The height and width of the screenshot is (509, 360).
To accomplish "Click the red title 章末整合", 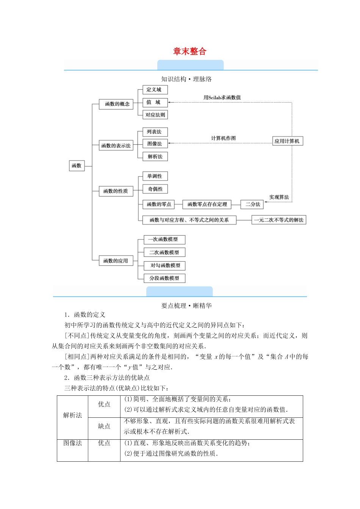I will (x=189, y=52).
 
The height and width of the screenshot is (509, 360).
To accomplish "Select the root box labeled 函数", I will (x=77, y=166).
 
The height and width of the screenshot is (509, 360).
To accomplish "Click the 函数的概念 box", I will (x=116, y=104).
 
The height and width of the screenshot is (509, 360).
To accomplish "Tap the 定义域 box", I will (x=155, y=90).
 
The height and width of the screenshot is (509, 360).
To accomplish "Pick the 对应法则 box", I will (x=155, y=115).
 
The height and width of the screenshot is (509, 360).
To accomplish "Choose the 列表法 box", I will (x=155, y=132).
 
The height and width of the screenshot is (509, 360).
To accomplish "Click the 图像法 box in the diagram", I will (x=155, y=144).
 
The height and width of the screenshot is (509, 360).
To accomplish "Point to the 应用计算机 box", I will (x=287, y=141).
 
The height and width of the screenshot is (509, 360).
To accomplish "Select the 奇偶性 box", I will (x=155, y=189).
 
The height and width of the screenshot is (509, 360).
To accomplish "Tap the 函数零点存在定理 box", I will (x=207, y=204).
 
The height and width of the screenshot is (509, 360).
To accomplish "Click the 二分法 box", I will (x=252, y=204).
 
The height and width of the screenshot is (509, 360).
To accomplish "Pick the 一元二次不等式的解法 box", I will (x=279, y=220).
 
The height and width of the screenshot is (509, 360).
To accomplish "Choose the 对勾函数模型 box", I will (x=165, y=265).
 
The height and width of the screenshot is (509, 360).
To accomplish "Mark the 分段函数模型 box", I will (x=164, y=278).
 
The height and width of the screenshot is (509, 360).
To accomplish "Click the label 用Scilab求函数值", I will (x=222, y=97).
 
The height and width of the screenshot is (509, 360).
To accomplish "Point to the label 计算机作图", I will (x=223, y=138).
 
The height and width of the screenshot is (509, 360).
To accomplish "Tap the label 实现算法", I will (x=279, y=197).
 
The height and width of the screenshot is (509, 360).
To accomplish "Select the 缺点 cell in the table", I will (x=104, y=426).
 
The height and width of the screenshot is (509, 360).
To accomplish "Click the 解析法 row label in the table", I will (x=72, y=415).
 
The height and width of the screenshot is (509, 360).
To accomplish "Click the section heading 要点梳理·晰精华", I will (x=186, y=306).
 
